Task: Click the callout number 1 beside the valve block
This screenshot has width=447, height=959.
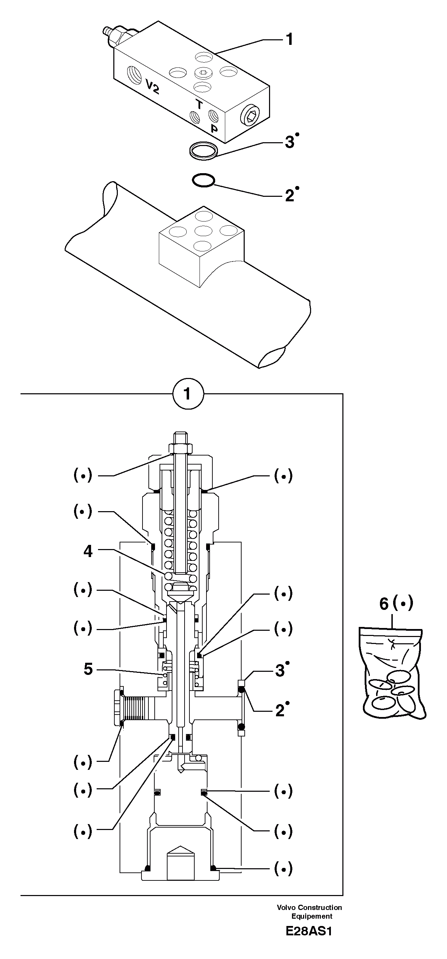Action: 289,39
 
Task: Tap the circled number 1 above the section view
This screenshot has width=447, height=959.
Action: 188,394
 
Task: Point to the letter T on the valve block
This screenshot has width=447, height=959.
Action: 199,105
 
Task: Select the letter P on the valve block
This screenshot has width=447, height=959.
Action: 214,129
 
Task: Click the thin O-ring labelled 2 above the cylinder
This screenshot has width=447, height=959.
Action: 203,180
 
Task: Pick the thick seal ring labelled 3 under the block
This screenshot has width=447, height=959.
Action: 203,151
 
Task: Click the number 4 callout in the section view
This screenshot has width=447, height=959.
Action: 88,551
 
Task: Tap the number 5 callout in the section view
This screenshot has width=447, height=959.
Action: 88,669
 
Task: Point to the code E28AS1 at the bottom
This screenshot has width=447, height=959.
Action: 309,942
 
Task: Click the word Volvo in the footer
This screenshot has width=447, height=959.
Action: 286,908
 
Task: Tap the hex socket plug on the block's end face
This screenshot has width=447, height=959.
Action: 249,116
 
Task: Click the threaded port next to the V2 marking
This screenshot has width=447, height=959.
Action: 133,74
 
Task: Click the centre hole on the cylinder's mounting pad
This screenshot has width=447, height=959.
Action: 203,231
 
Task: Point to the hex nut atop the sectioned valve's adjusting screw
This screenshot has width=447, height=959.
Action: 181,448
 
